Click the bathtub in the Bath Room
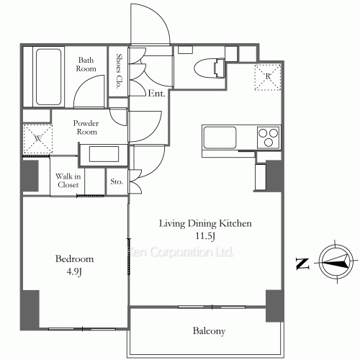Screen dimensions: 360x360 (x=48, y=77)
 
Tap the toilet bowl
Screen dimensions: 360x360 (x=210, y=68)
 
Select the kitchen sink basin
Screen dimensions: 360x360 (x=220, y=138)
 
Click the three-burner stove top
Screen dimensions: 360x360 (x=269, y=138)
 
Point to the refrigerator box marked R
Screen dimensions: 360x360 (x=268, y=77)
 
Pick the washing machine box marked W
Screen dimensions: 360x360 (x=38, y=139)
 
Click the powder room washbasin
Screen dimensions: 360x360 (x=104, y=154)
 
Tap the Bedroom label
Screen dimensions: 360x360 (x=74, y=259)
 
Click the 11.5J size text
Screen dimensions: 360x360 (x=205, y=236)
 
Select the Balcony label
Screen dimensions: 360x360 (x=209, y=331)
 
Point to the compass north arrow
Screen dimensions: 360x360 (x=336, y=261)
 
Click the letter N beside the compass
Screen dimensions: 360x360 (x=302, y=264)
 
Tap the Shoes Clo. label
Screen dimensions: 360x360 (x=119, y=71)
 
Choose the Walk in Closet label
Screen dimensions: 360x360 (x=68, y=181)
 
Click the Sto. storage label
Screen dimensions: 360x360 (x=117, y=181)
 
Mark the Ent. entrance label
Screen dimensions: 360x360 (x=156, y=94)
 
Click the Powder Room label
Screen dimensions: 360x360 (x=86, y=127)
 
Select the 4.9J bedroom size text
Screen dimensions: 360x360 (x=74, y=272)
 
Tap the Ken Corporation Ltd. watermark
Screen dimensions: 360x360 (x=181, y=252)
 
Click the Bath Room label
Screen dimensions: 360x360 (x=86, y=64)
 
